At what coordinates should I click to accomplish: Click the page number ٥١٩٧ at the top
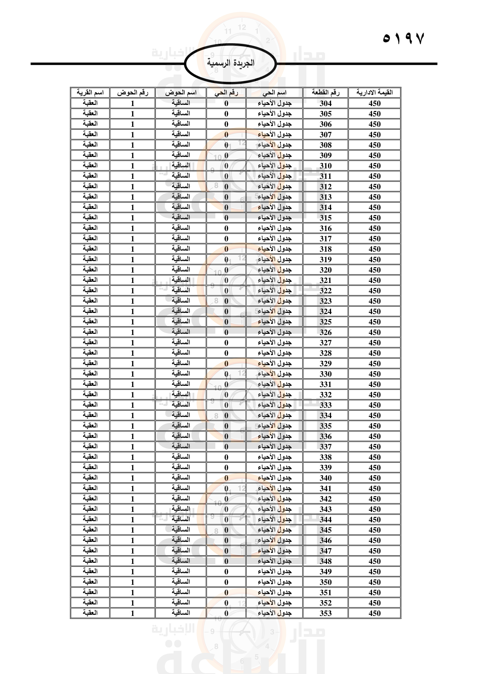(x=403, y=38)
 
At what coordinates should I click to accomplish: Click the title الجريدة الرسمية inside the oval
(x=231, y=63)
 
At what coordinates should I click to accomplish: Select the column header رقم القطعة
(x=325, y=93)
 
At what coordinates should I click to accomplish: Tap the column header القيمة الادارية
(x=375, y=93)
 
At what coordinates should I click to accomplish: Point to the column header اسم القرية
(x=90, y=93)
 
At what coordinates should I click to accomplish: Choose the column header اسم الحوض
(x=181, y=93)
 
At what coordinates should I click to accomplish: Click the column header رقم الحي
(x=226, y=93)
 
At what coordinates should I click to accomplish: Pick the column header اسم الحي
(x=274, y=93)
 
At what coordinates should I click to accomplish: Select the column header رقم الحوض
(x=132, y=93)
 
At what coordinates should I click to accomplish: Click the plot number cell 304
(x=325, y=103)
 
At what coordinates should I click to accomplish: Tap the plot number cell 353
(x=325, y=613)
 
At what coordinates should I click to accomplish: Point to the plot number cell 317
(x=325, y=239)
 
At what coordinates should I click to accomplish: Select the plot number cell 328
(x=325, y=353)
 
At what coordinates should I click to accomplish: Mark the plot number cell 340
(x=325, y=478)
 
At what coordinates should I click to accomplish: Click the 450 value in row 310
(x=375, y=166)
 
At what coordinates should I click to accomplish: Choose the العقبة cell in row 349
(x=90, y=571)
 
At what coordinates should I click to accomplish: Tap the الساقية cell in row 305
(x=181, y=114)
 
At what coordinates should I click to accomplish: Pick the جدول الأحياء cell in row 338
(x=274, y=457)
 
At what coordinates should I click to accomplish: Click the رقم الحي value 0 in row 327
(x=226, y=343)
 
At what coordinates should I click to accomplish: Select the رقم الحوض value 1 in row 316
(x=132, y=228)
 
